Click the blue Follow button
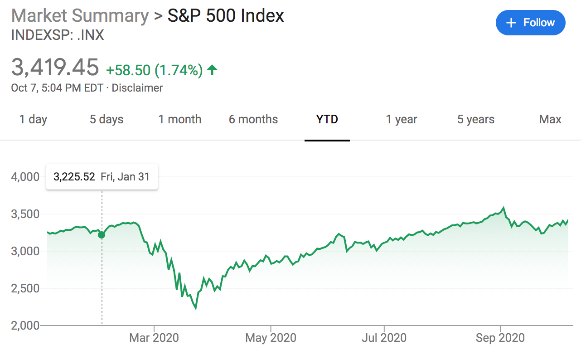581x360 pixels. click(x=530, y=23)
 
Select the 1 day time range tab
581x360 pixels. click(x=33, y=120)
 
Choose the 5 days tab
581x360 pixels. click(x=107, y=120)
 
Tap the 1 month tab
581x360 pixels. click(x=180, y=120)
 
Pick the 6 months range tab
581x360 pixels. click(x=253, y=120)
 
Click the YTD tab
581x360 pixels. click(x=327, y=120)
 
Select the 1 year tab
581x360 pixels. click(x=402, y=120)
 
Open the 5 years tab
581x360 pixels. click(x=476, y=120)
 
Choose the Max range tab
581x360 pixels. click(x=550, y=120)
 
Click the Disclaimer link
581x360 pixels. click(x=137, y=88)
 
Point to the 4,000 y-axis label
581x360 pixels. click(x=25, y=177)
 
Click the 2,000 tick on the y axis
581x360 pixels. click(x=25, y=326)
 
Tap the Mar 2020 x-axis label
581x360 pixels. click(x=154, y=338)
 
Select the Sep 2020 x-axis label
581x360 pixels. click(x=500, y=338)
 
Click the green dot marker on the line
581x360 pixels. click(x=102, y=235)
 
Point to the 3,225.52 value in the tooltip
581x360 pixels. click(x=74, y=177)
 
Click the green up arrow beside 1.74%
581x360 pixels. click(x=212, y=70)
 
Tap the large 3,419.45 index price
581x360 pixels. click(x=55, y=68)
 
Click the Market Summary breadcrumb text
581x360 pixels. click(x=80, y=16)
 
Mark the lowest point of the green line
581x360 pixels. click(x=196, y=309)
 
